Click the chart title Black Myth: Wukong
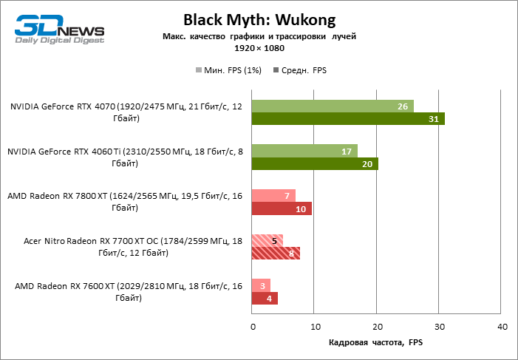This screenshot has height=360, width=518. [259, 19]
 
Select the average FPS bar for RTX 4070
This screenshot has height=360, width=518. [348, 119]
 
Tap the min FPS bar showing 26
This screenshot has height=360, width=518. [333, 106]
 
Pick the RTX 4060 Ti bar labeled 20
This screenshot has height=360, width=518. [315, 163]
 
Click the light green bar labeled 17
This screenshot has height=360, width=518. [304, 151]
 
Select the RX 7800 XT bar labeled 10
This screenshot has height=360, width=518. [282, 208]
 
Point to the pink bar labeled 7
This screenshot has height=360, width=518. [273, 195]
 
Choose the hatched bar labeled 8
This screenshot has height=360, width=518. [276, 254]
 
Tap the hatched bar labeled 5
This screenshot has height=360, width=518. [267, 240]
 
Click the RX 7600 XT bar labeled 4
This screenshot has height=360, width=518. [265, 299]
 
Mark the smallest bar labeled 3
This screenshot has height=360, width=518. [261, 285]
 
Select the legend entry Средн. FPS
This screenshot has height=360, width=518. [300, 70]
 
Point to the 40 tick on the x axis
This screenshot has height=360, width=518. [502, 326]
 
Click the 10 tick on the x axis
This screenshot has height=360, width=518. [315, 326]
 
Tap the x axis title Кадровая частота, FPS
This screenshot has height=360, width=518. [376, 343]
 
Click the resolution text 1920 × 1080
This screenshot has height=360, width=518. [259, 48]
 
